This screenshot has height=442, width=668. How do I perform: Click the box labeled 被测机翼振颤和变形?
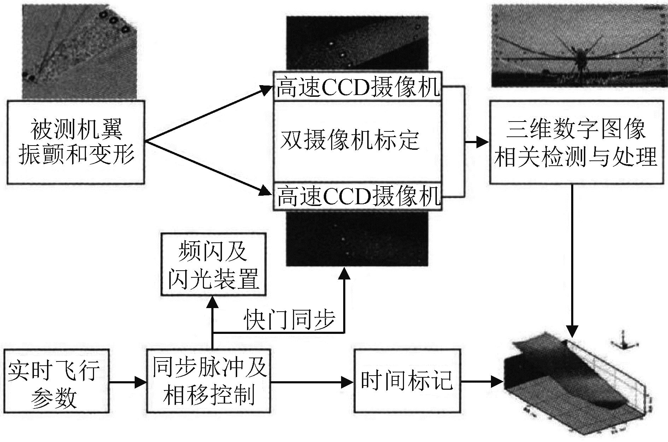(76, 142)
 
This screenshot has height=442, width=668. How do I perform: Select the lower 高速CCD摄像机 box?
(357, 196)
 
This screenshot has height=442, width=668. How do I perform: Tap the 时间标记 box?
(407, 381)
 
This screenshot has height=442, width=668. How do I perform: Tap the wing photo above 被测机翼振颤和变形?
(79, 49)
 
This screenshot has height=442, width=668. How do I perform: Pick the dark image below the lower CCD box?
(357, 239)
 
